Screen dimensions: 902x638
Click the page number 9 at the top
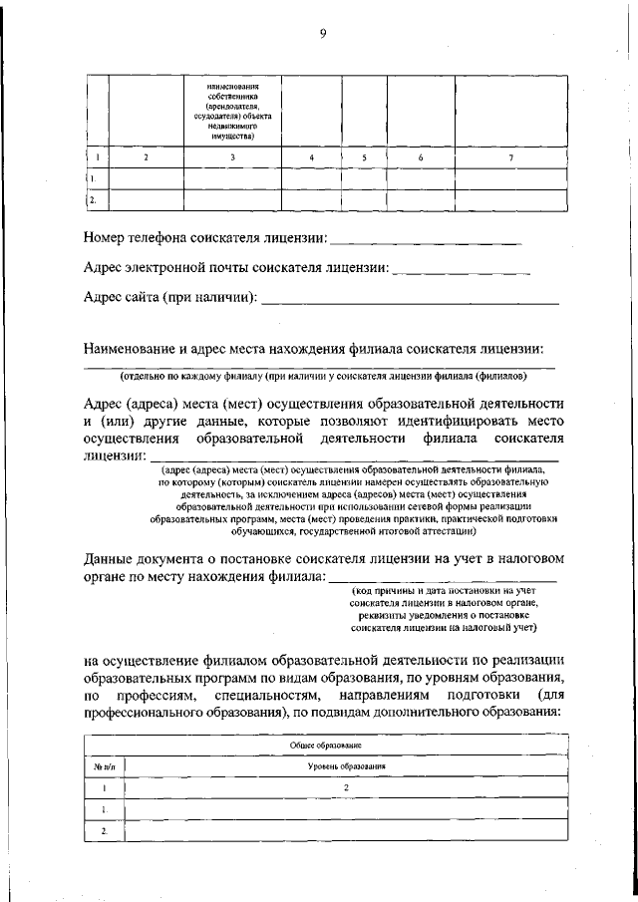tap(323, 34)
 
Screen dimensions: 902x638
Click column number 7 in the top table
tap(511, 157)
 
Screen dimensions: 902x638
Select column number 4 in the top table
tap(312, 157)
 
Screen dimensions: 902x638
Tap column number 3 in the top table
tap(232, 157)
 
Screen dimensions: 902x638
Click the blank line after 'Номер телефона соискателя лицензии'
tap(425, 242)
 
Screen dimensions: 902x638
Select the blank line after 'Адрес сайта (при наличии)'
tap(410, 300)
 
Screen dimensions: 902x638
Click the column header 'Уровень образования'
tap(346, 766)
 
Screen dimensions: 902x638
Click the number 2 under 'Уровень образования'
tap(346, 787)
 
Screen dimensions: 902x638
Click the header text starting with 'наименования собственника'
tap(232, 112)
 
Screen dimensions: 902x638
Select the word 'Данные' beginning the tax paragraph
tap(110, 559)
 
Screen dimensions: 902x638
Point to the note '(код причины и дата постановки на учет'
tap(444, 592)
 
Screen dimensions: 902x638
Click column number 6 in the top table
tap(421, 157)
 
